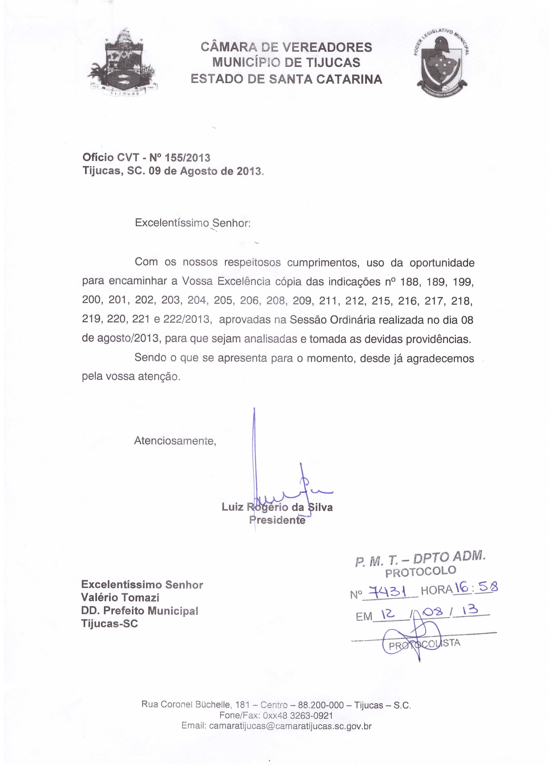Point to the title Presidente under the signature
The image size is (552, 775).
point(277,520)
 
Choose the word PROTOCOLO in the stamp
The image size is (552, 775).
point(420,571)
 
